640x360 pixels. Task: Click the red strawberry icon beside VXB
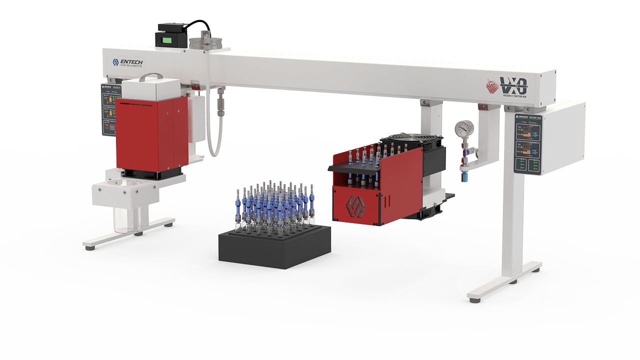point(493,86)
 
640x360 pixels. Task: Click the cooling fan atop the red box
point(410,141)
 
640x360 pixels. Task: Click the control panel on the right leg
point(529,144)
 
